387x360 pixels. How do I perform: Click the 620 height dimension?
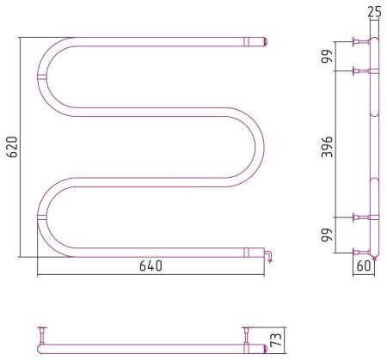click(x=13, y=147)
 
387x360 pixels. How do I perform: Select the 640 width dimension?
click(x=150, y=265)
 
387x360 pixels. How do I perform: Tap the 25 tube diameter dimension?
click(x=375, y=12)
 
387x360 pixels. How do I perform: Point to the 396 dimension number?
click(x=327, y=147)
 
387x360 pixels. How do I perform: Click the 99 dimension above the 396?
click(x=327, y=56)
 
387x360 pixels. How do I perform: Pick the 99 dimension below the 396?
click(x=327, y=235)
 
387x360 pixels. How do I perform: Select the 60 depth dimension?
click(x=364, y=266)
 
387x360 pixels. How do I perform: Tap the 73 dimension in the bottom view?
click(x=278, y=340)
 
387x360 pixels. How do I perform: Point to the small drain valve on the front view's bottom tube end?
click(x=268, y=255)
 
